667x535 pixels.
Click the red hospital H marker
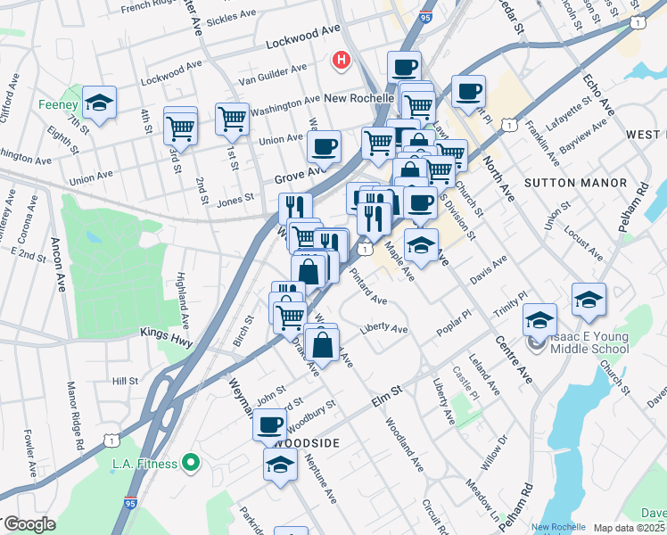tap(340, 61)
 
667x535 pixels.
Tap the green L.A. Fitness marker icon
tap(189, 462)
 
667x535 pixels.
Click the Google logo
tap(29, 524)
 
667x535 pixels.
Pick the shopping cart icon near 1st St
tap(232, 117)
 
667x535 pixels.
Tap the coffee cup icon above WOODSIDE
tap(269, 424)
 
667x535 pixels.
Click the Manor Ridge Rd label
tap(75, 416)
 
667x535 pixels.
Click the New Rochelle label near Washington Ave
tap(359, 97)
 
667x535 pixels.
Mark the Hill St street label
tap(125, 381)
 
